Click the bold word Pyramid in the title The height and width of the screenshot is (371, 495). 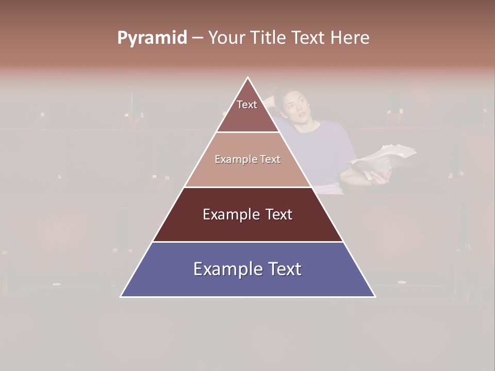152,38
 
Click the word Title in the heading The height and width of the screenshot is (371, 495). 271,38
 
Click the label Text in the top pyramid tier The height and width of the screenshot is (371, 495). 247,105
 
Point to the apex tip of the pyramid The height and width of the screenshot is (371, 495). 248,77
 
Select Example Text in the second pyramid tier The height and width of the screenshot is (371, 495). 247,159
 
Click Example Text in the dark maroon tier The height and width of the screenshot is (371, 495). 247,214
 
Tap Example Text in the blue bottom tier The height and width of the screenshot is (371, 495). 247,269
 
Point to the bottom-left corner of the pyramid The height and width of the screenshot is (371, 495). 121,296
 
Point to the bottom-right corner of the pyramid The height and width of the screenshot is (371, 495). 375,296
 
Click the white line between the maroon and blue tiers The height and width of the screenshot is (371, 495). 247,242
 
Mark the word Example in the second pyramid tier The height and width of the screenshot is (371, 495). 232,159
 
